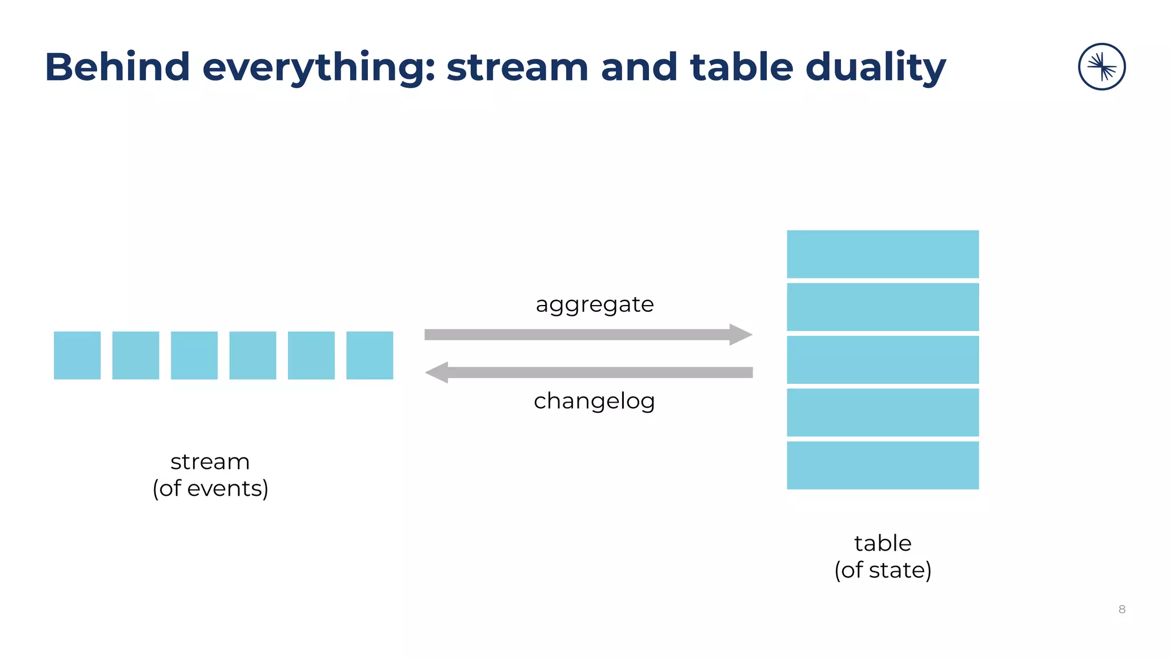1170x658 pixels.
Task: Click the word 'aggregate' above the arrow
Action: click(x=594, y=304)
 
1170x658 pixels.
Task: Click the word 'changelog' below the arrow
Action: click(x=594, y=401)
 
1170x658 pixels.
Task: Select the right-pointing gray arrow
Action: click(x=588, y=335)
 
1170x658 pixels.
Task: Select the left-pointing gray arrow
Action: click(x=588, y=372)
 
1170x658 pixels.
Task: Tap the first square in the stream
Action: click(x=77, y=355)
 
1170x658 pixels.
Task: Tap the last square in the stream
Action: click(x=370, y=355)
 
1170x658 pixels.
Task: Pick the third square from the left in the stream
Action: click(x=194, y=355)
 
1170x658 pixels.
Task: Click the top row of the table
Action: click(x=883, y=254)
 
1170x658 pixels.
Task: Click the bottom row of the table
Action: click(x=883, y=465)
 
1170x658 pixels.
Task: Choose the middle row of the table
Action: click(x=883, y=360)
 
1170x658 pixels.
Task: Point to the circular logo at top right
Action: click(x=1101, y=67)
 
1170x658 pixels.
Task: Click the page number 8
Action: click(x=1121, y=609)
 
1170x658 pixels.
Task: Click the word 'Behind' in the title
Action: click(x=117, y=67)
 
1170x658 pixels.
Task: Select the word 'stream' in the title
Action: click(x=517, y=67)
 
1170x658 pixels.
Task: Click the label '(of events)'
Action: click(x=210, y=488)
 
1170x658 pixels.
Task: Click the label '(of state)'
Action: click(x=883, y=570)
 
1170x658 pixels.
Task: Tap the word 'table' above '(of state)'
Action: click(x=883, y=543)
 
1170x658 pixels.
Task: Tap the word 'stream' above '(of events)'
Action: click(x=210, y=462)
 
